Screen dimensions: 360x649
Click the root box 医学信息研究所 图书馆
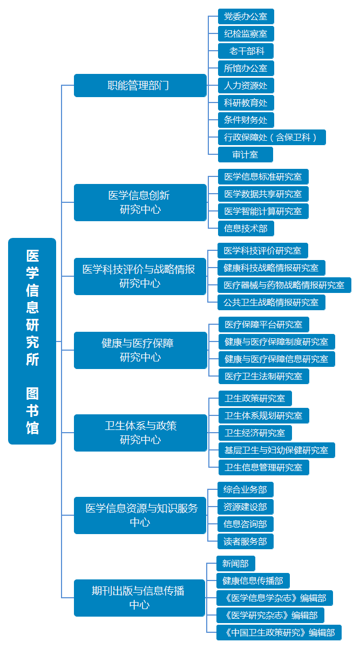pyautogui.click(x=32, y=341)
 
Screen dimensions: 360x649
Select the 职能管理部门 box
pyautogui.click(x=140, y=85)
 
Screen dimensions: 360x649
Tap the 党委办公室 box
pyautogui.click(x=246, y=17)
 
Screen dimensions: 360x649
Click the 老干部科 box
pyautogui.click(x=246, y=51)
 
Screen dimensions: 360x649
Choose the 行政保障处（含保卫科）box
pyautogui.click(x=272, y=138)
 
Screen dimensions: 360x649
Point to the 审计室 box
pyautogui.click(x=245, y=155)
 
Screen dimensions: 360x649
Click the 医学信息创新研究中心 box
pyautogui.click(x=140, y=202)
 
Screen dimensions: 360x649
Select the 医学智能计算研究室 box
pyautogui.click(x=263, y=211)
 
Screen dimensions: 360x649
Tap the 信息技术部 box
pyautogui.click(x=246, y=229)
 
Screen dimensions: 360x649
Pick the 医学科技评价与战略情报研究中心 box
pyautogui.click(x=140, y=276)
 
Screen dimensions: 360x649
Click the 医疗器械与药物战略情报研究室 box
pyautogui.click(x=284, y=285)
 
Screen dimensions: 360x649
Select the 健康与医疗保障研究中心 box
pyautogui.click(x=140, y=350)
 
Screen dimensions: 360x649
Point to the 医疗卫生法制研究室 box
pyautogui.click(x=264, y=377)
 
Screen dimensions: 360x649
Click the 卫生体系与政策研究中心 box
pyautogui.click(x=140, y=433)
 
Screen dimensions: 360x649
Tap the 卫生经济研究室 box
pyautogui.click(x=255, y=433)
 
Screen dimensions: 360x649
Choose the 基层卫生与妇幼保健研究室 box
pyautogui.click(x=277, y=450)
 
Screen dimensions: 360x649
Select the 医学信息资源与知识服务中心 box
pyautogui.click(x=140, y=515)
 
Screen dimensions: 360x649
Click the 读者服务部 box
pyautogui.click(x=246, y=542)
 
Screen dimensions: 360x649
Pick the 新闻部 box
pyautogui.click(x=236, y=564)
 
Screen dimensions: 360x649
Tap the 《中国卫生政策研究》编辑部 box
pyautogui.click(x=279, y=633)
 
